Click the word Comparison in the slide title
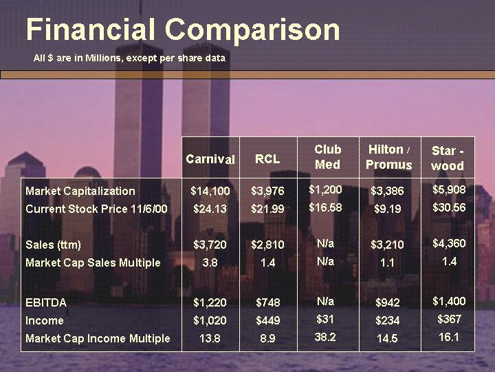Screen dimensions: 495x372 click(x=252, y=31)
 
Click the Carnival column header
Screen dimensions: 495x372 click(x=210, y=159)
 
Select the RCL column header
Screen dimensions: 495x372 click(x=267, y=159)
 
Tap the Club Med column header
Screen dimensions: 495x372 click(x=328, y=157)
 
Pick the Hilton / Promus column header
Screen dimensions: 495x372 click(x=389, y=157)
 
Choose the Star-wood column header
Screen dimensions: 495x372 click(x=448, y=158)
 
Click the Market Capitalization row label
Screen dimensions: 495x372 click(x=80, y=191)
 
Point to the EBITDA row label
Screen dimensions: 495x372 click(x=46, y=302)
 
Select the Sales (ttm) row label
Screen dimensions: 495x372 click(x=53, y=245)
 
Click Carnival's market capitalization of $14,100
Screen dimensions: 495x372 click(x=210, y=191)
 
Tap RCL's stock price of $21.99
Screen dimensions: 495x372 click(x=267, y=209)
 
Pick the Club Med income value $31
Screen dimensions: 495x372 click(x=325, y=319)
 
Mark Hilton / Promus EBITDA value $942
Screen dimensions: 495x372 click(x=388, y=302)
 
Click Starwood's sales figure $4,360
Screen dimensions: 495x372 click(x=449, y=243)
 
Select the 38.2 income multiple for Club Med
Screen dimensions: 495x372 click(x=325, y=337)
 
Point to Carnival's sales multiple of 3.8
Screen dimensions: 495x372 click(x=210, y=262)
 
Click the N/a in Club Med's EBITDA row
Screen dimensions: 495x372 click(x=325, y=301)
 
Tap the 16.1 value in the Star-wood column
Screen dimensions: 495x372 click(x=449, y=337)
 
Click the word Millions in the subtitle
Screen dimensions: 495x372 click(x=103, y=58)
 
